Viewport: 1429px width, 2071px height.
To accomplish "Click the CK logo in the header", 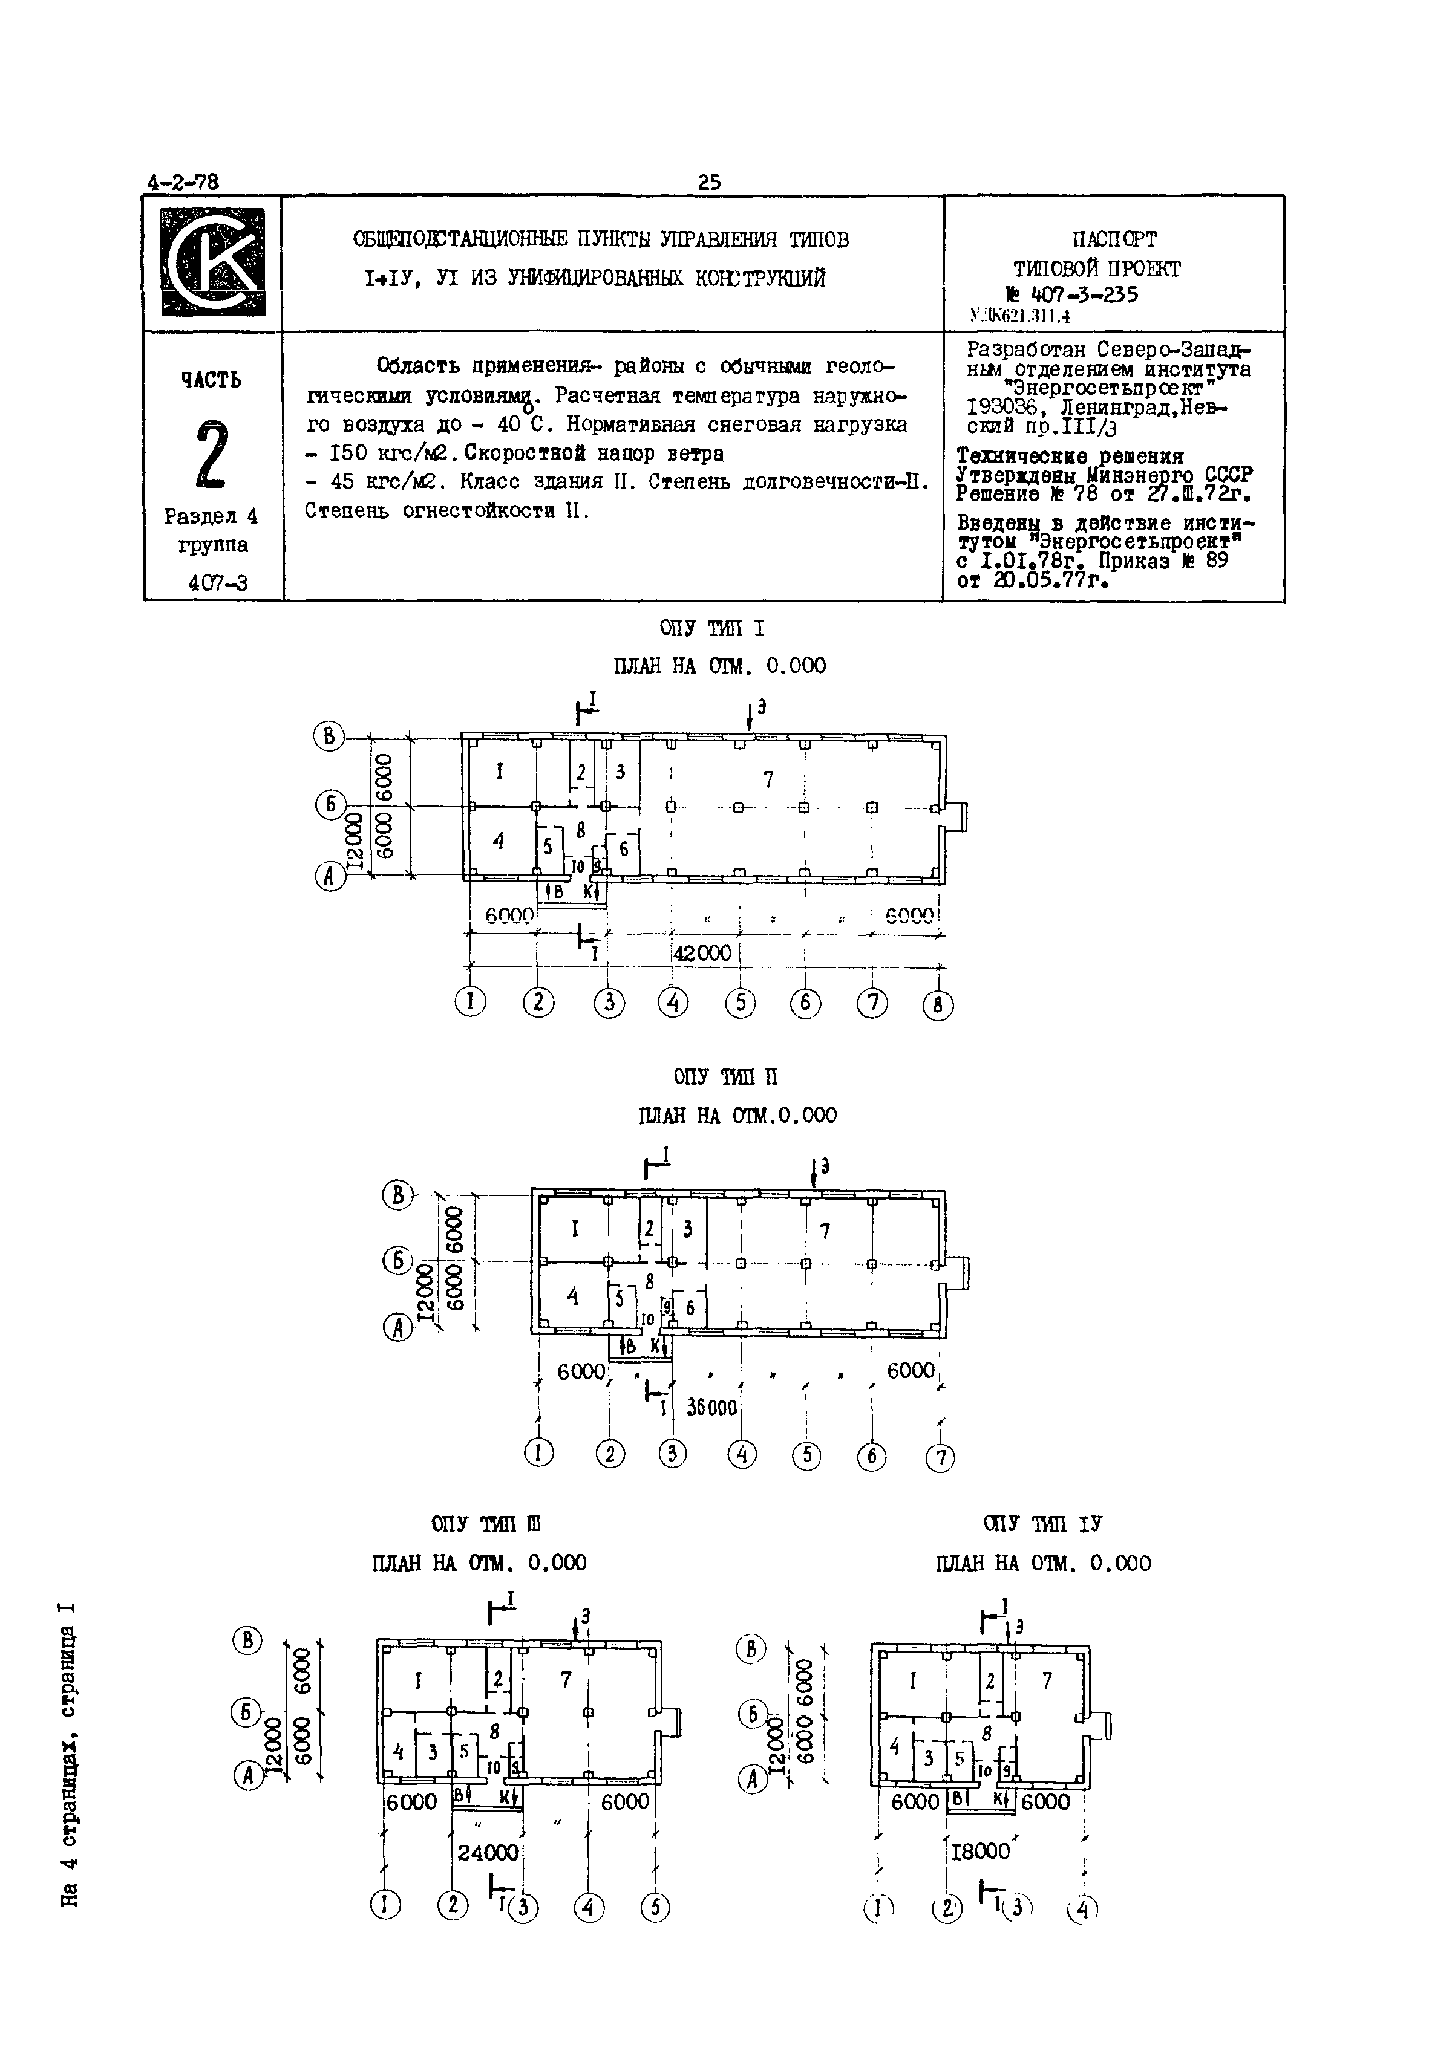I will pos(213,262).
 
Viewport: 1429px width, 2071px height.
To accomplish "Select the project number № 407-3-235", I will pos(1072,294).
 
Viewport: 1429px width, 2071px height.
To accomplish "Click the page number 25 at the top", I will pos(709,183).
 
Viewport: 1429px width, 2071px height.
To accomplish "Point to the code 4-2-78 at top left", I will pos(183,183).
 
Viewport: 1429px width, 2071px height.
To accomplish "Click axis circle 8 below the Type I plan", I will pos(938,1006).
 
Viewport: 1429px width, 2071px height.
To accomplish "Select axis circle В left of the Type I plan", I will pos(329,736).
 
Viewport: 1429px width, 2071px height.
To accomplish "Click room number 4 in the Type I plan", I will pos(499,840).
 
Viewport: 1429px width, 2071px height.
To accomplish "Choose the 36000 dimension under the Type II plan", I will pos(712,1408).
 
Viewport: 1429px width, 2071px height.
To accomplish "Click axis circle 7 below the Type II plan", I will pos(940,1458).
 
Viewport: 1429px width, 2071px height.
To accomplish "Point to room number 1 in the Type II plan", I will pos(575,1230).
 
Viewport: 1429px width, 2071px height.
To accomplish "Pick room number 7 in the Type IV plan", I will pos(1047,1681).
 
